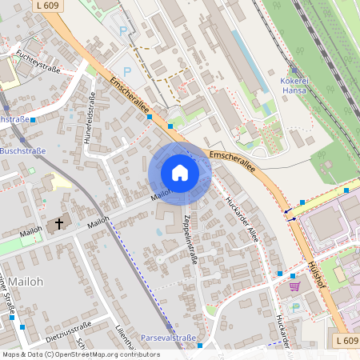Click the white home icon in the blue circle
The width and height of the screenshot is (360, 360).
(180, 173)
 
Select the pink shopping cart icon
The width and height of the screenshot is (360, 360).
(294, 285)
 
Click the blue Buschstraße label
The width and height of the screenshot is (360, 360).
(23, 150)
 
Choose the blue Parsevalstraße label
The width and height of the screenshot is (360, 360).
(169, 338)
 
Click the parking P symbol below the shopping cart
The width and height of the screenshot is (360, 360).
(294, 306)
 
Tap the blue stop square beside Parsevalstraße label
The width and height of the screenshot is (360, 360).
(201, 345)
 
